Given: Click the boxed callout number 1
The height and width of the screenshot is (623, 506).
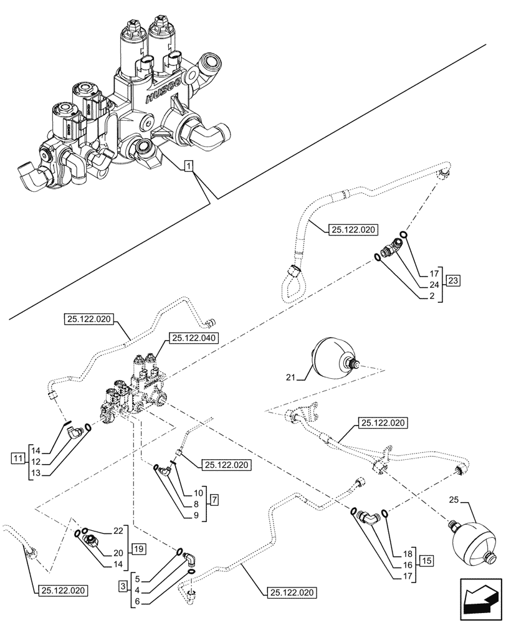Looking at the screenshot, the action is coord(189,166).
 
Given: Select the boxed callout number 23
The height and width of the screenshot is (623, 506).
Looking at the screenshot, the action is coord(453,280).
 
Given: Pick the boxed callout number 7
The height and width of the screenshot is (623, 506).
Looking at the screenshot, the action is coord(214,500).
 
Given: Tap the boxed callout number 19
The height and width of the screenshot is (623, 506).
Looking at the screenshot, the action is coord(138,549).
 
